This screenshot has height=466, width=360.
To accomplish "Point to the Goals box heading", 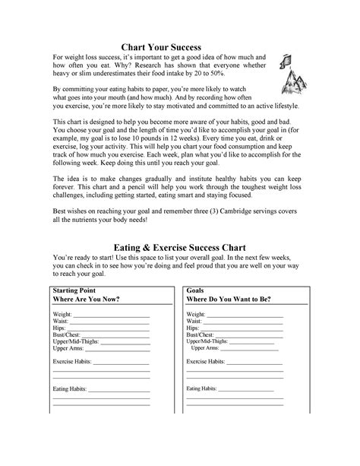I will click(197, 290).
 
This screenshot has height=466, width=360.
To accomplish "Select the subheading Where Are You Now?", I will click(86, 299).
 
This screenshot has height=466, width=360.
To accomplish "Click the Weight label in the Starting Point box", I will click(62, 314).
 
